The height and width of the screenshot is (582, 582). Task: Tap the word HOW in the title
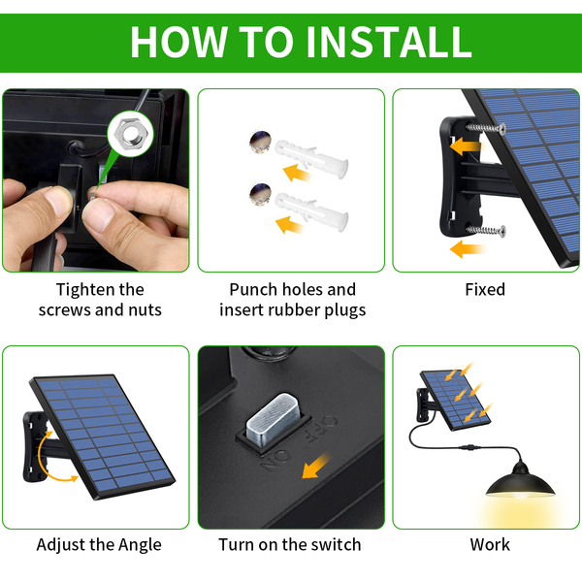[178, 42]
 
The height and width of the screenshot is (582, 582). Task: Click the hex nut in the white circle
[130, 134]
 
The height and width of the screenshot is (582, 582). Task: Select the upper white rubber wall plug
[311, 158]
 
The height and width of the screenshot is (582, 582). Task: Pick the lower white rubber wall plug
[311, 210]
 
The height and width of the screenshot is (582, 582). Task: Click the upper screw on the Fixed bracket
[486, 128]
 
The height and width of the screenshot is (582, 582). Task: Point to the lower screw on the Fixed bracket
[486, 231]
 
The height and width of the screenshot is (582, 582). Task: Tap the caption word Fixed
[485, 289]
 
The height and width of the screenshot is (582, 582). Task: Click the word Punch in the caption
[253, 289]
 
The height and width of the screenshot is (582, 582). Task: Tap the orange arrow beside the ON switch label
[315, 466]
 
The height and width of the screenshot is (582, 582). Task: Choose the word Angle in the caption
[140, 545]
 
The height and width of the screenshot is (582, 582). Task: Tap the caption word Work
[490, 545]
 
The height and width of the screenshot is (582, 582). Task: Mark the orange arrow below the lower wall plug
[288, 225]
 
